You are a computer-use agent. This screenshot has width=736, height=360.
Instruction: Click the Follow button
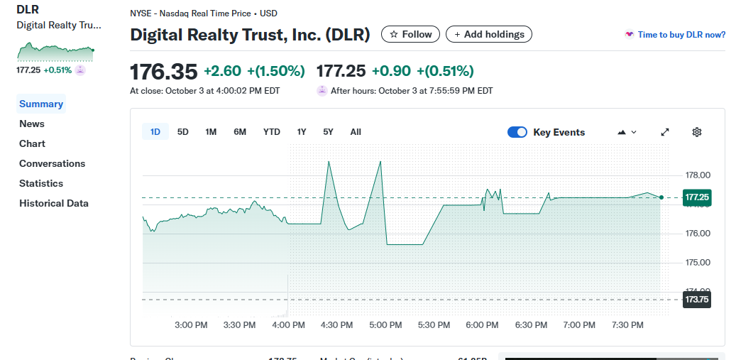pyautogui.click(x=411, y=34)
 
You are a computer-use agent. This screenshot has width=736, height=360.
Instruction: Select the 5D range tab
pyautogui.click(x=183, y=132)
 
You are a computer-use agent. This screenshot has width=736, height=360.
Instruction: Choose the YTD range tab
pyautogui.click(x=272, y=132)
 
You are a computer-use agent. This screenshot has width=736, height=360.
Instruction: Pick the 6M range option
pyautogui.click(x=240, y=132)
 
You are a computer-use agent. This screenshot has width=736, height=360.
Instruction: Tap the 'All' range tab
pyautogui.click(x=356, y=132)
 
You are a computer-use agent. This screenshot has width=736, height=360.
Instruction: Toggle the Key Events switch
pyautogui.click(x=517, y=132)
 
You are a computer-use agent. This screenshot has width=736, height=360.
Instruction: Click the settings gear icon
pyautogui.click(x=697, y=132)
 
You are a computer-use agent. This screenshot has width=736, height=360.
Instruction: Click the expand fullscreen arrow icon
pyautogui.click(x=665, y=132)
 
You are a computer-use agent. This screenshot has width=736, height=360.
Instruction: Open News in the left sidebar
pyautogui.click(x=32, y=124)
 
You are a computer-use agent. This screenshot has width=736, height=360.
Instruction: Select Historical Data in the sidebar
pyautogui.click(x=54, y=203)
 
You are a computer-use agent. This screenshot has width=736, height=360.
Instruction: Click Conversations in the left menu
pyautogui.click(x=52, y=163)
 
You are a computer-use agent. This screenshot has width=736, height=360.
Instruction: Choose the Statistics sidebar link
pyautogui.click(x=41, y=183)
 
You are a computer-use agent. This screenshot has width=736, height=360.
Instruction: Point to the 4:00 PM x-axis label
pyautogui.click(x=289, y=325)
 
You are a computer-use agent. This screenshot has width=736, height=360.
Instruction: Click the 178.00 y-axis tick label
pyautogui.click(x=698, y=175)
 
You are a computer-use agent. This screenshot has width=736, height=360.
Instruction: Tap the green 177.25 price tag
pyautogui.click(x=696, y=197)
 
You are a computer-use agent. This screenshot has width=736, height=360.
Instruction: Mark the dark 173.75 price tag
pyautogui.click(x=696, y=300)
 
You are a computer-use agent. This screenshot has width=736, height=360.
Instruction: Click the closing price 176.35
pyautogui.click(x=163, y=72)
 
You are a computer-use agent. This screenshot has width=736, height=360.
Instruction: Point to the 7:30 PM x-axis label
pyautogui.click(x=627, y=325)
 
